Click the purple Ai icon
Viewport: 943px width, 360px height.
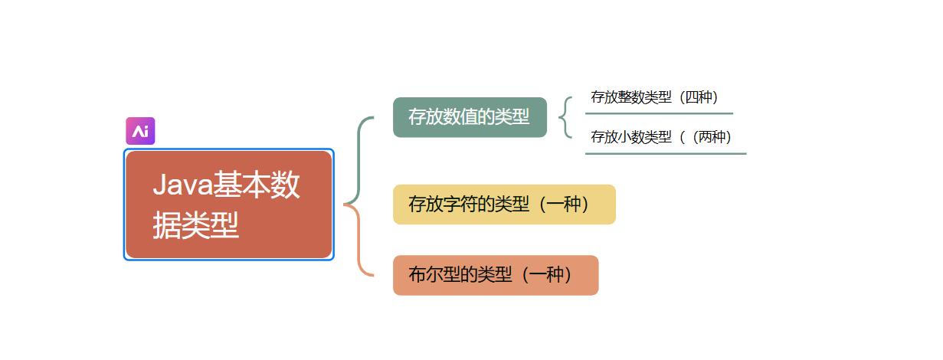[x=140, y=131]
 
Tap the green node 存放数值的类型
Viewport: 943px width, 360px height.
[x=470, y=117]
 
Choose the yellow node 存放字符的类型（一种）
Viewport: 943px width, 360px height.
[x=504, y=205]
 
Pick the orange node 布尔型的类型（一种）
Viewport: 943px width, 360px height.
[x=495, y=275]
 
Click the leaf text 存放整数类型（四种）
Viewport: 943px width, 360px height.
[x=654, y=97]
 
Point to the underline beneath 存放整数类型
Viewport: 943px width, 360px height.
[x=659, y=113]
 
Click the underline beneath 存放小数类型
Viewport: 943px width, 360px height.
[x=665, y=153]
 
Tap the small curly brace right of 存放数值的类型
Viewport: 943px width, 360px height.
[x=565, y=117]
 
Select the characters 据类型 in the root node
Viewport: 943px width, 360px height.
[x=196, y=226]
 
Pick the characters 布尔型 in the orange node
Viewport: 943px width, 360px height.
[x=434, y=275]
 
